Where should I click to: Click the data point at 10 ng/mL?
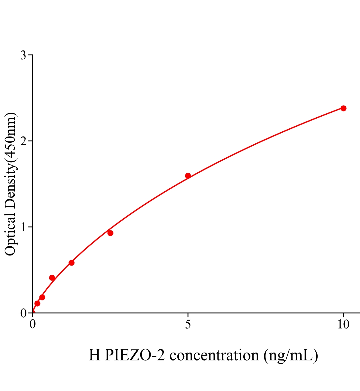pyautogui.click(x=343, y=108)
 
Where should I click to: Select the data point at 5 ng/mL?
pyautogui.click(x=188, y=176)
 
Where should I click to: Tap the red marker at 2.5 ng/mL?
pyautogui.click(x=110, y=233)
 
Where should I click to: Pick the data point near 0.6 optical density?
pyautogui.click(x=71, y=263)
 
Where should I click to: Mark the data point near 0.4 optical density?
pyautogui.click(x=52, y=278)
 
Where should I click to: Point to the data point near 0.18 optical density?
pyautogui.click(x=42, y=297)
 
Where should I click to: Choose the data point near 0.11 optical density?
pyautogui.click(x=37, y=303)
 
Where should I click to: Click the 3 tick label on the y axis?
pyautogui.click(x=23, y=55)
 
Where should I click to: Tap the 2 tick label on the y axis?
pyautogui.click(x=23, y=141)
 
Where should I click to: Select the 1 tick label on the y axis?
pyautogui.click(x=23, y=227)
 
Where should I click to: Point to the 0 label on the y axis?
pyautogui.click(x=23, y=313)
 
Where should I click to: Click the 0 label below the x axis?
pyautogui.click(x=33, y=325)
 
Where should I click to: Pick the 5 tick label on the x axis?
pyautogui.click(x=188, y=325)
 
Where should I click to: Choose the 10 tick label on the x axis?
pyautogui.click(x=343, y=325)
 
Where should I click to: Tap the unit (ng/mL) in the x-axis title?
pyautogui.click(x=291, y=355)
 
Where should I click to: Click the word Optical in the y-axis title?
pyautogui.click(x=10, y=236)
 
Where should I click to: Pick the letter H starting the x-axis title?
pyautogui.click(x=94, y=355)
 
